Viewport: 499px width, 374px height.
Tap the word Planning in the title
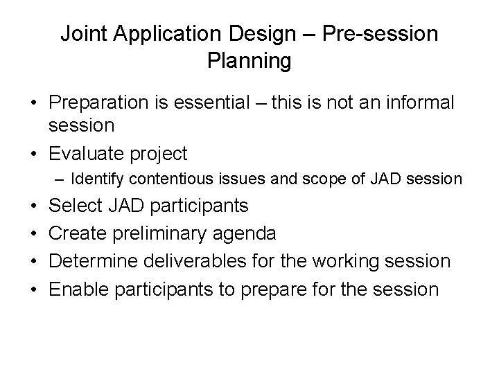249,61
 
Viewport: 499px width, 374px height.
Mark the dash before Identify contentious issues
60,179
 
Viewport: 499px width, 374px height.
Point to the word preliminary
162,234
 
